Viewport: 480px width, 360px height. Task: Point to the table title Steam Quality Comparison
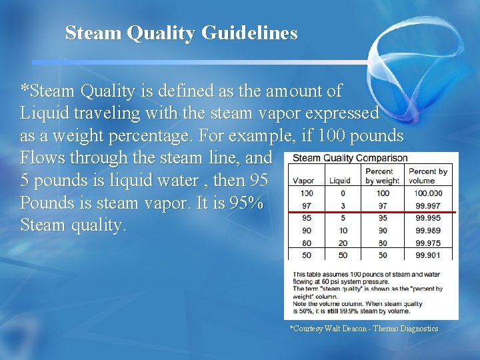350,158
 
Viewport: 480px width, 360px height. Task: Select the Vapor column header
303,181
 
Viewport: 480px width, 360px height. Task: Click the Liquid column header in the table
339,181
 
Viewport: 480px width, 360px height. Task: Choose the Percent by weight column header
382,176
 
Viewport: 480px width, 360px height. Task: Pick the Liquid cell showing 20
341,243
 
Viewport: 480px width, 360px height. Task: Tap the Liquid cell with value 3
343,205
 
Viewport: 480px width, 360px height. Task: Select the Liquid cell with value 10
341,231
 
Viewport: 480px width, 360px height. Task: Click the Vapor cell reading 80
306,243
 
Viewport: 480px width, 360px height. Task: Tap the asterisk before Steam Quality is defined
25,88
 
